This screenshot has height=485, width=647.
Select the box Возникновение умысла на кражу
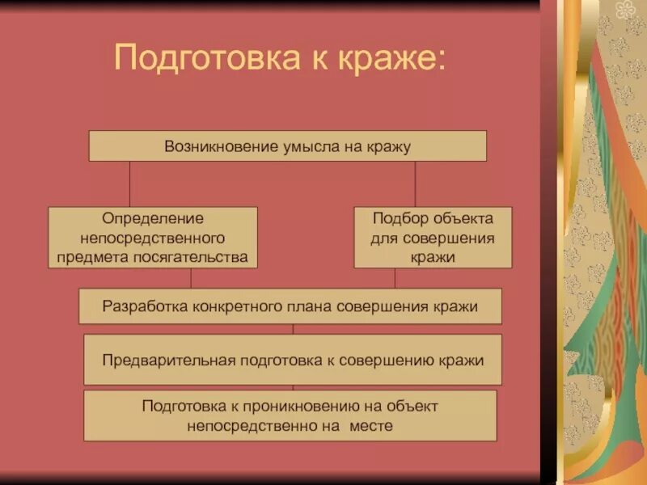pyautogui.click(x=287, y=146)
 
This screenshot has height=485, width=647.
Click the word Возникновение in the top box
pyautogui.click(x=210, y=146)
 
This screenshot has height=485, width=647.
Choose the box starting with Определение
pyautogui.click(x=153, y=238)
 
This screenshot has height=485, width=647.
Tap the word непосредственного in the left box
pyautogui.click(x=153, y=238)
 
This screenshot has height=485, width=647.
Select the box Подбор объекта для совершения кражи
pyautogui.click(x=433, y=238)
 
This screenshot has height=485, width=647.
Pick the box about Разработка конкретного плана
pyautogui.click(x=290, y=306)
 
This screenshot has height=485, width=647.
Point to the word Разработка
pyautogui.click(x=146, y=306)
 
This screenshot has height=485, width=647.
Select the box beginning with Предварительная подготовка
pyautogui.click(x=293, y=360)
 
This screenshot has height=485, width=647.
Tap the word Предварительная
pyautogui.click(x=168, y=360)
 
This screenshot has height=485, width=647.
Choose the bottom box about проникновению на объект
pyautogui.click(x=290, y=415)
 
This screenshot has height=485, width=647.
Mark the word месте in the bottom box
pyautogui.click(x=371, y=426)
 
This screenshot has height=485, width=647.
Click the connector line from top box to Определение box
pyautogui.click(x=130, y=183)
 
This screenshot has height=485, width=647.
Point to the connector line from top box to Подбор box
pyautogui.click(x=415, y=183)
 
